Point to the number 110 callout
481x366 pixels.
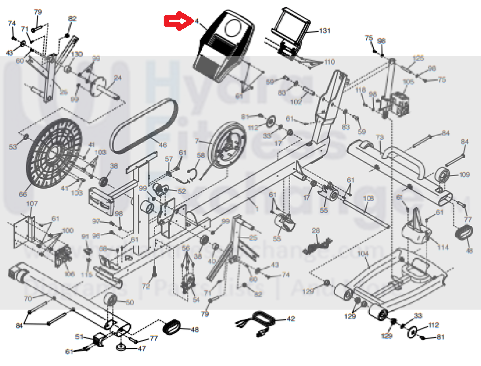(x=329, y=62)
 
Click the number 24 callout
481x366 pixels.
(x=118, y=78)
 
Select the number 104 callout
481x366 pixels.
(x=363, y=254)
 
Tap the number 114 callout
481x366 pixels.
(x=443, y=247)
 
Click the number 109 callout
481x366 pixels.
(x=464, y=174)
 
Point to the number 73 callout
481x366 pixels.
(x=380, y=138)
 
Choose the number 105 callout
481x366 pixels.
(x=409, y=81)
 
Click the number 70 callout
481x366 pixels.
(x=28, y=299)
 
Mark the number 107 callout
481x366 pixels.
(x=32, y=203)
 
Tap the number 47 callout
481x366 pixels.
(x=142, y=348)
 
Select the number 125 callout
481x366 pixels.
(x=418, y=58)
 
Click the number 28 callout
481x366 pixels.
(x=316, y=230)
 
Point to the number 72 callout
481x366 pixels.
(x=146, y=286)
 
